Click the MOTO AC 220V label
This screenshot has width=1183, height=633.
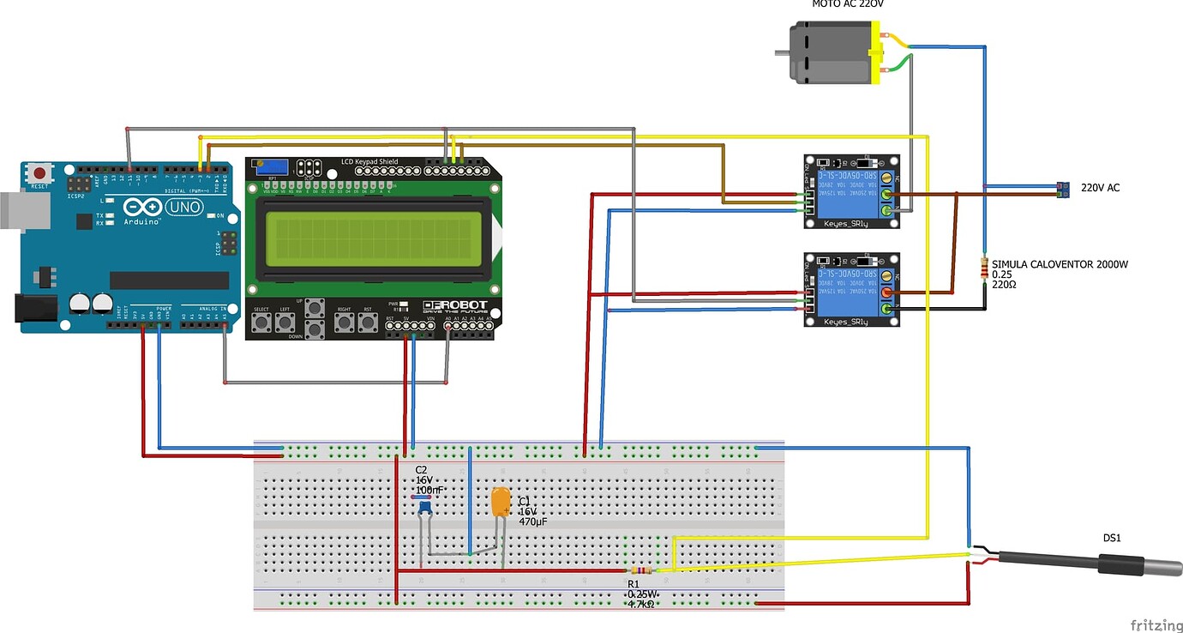pyautogui.click(x=847, y=4)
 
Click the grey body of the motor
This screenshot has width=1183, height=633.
pyautogui.click(x=828, y=52)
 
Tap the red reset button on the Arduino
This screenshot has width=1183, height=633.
pyautogui.click(x=39, y=172)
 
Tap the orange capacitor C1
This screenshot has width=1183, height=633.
pyautogui.click(x=501, y=503)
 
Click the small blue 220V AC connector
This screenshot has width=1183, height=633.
pyautogui.click(x=1063, y=190)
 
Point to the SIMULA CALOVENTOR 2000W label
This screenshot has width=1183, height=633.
pyautogui.click(x=1060, y=264)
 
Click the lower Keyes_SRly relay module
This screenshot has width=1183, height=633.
pyautogui.click(x=852, y=289)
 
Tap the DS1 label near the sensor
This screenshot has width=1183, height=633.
pyautogui.click(x=1111, y=538)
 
